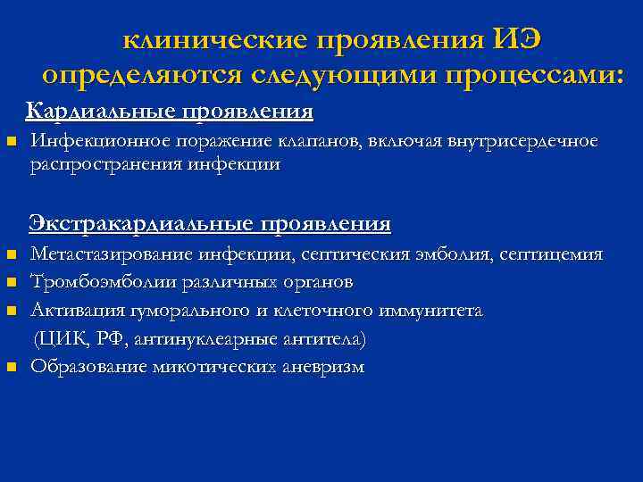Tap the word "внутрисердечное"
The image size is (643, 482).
pos(522,142)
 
